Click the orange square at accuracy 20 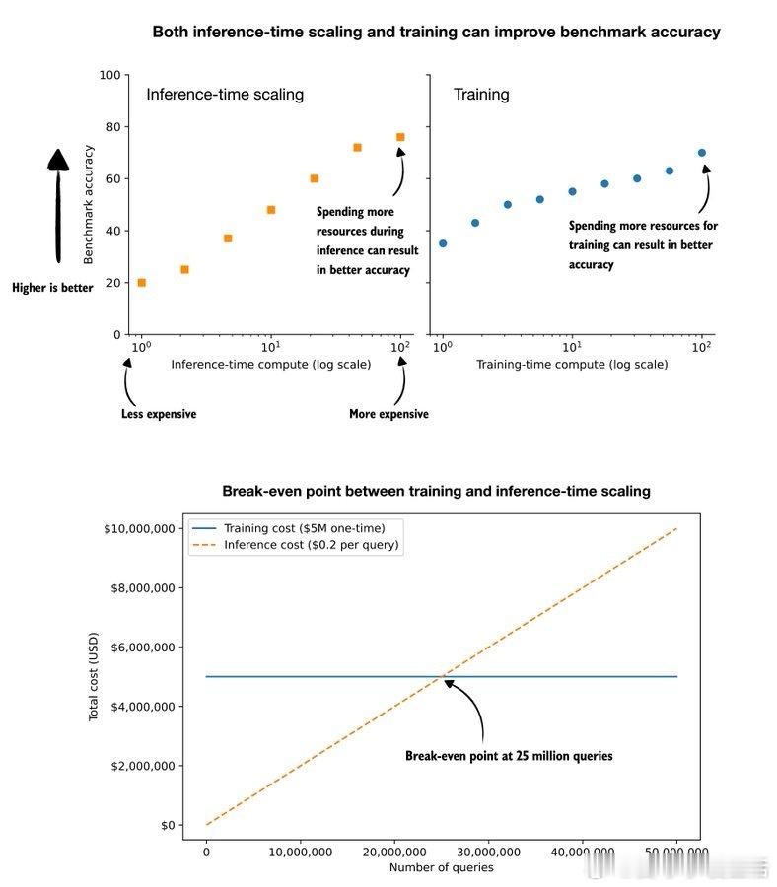point(141,283)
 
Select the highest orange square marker point(400,137)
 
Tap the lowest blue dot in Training point(443,243)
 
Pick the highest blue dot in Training point(702,153)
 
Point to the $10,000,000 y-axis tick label point(138,529)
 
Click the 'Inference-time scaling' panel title point(225,95)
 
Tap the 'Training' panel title point(481,95)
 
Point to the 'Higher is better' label point(52,288)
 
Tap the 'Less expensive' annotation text point(158,414)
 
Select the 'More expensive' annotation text point(388,414)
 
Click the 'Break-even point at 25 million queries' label point(509,756)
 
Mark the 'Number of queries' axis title point(441,867)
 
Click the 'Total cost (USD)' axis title point(95,677)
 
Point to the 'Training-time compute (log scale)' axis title point(572,365)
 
